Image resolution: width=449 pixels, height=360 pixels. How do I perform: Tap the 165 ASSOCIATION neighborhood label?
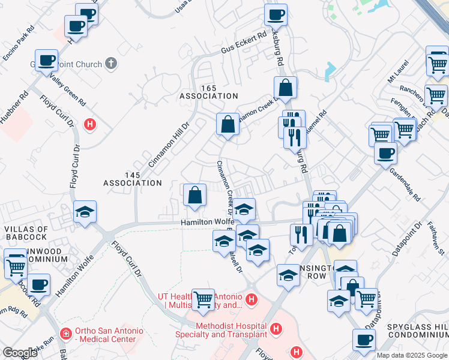coord(209,92)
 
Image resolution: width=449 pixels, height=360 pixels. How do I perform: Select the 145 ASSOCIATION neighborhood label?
coord(133,178)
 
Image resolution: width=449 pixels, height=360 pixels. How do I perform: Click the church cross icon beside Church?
coord(110,62)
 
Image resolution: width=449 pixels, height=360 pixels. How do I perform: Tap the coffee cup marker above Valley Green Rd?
coord(47,60)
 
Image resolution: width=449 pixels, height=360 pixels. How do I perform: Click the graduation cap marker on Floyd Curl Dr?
coord(85,212)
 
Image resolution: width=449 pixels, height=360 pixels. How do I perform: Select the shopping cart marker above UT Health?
coord(203,298)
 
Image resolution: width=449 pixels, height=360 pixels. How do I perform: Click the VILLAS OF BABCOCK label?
coord(26,233)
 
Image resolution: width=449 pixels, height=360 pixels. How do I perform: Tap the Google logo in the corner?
coord(19,353)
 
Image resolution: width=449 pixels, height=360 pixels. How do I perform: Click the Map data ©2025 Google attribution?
coord(412,355)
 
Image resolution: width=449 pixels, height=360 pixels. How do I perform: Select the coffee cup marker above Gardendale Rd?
coord(385,152)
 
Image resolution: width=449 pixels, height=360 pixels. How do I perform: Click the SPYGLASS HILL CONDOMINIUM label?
coord(418,329)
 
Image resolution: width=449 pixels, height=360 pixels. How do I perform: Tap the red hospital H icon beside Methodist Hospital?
coord(276,329)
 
